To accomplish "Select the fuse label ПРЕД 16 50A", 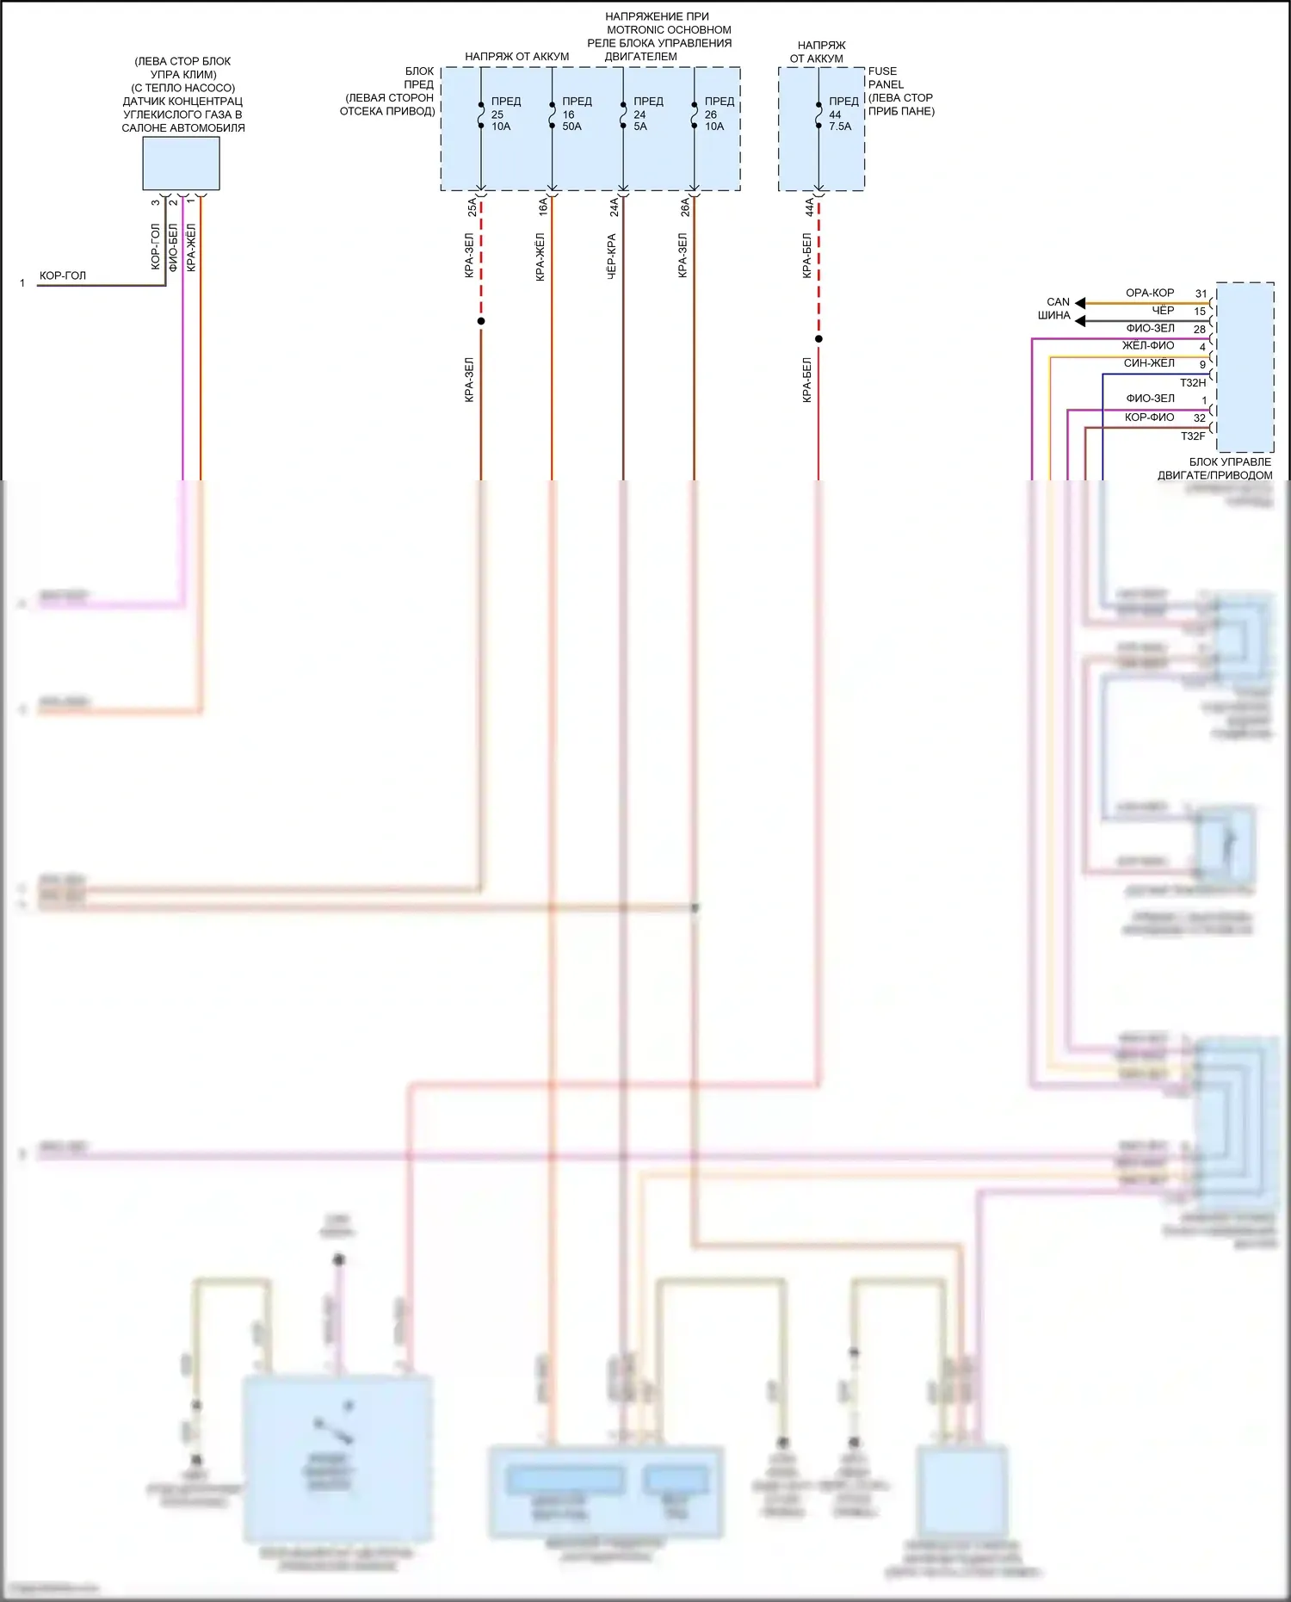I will point(575,114).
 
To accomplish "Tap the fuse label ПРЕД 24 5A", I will point(646,114).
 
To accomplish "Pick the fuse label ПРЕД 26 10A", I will point(717,114).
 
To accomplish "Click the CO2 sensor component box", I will point(181,164).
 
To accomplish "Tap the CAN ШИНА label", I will point(1055,308).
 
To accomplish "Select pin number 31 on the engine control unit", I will point(1201,294).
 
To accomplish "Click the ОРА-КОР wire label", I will point(1149,293).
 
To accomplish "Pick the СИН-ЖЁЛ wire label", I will point(1148,363).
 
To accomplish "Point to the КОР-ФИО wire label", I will point(1149,418).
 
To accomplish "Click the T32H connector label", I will point(1192,382).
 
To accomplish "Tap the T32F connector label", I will point(1192,436).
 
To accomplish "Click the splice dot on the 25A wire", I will point(481,321).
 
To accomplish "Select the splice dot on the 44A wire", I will point(818,338).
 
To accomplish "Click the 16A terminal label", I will point(543,207).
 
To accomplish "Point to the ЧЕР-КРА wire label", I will point(611,256).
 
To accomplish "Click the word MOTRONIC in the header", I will point(635,29).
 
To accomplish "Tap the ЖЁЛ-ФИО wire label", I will point(1147,345).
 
